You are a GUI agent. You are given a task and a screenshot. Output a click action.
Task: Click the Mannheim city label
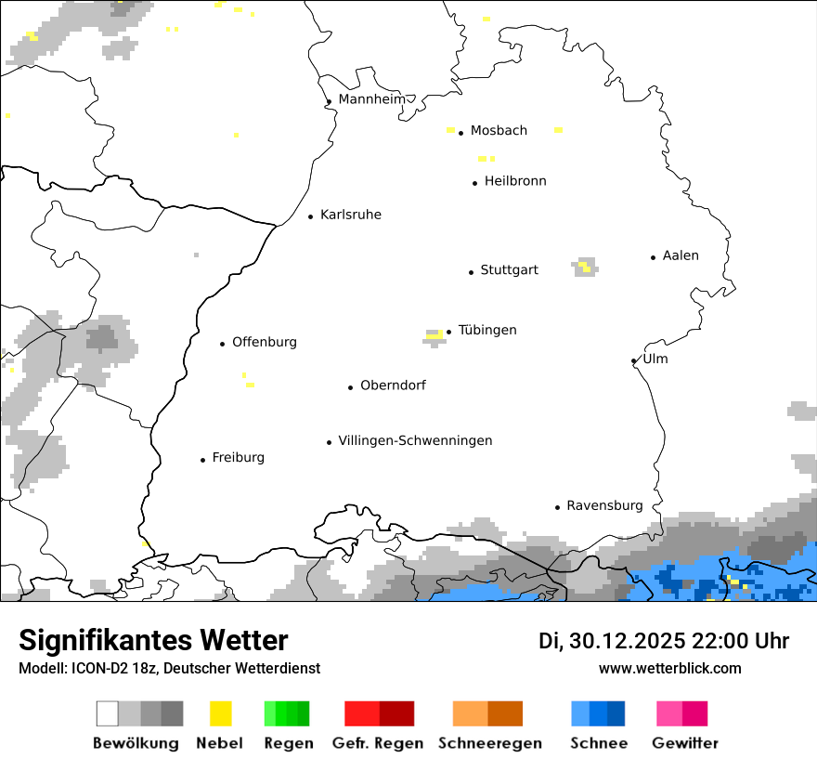tap(371, 99)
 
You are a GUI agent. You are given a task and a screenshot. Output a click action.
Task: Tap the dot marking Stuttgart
tap(471, 272)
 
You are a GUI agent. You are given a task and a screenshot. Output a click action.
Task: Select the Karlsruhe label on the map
tap(350, 215)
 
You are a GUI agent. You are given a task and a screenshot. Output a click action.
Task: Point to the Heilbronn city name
tap(515, 181)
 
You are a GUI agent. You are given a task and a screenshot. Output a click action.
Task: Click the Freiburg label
tap(238, 457)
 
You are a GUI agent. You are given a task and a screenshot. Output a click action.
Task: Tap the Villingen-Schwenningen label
tap(415, 440)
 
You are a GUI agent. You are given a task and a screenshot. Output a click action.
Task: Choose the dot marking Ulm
tap(633, 361)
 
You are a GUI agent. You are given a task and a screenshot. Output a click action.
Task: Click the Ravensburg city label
tap(604, 505)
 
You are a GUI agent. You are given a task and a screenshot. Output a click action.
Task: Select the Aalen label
tap(681, 255)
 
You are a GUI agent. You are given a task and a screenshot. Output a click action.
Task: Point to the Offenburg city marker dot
tap(222, 344)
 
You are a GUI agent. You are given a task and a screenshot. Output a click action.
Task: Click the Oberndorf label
tap(393, 385)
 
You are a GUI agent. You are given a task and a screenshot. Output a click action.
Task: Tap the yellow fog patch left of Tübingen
tap(434, 334)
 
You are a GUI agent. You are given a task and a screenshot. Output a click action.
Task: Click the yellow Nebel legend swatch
tap(220, 713)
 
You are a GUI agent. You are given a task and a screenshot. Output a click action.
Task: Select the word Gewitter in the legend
tap(684, 743)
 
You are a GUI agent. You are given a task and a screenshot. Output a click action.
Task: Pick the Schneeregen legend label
tap(490, 743)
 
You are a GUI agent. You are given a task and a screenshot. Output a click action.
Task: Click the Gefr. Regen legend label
tap(378, 743)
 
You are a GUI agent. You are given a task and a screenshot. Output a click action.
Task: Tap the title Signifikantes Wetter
tap(153, 640)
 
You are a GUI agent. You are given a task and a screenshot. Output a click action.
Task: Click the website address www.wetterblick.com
tap(669, 668)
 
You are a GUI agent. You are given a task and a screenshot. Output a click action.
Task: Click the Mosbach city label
tap(499, 131)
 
